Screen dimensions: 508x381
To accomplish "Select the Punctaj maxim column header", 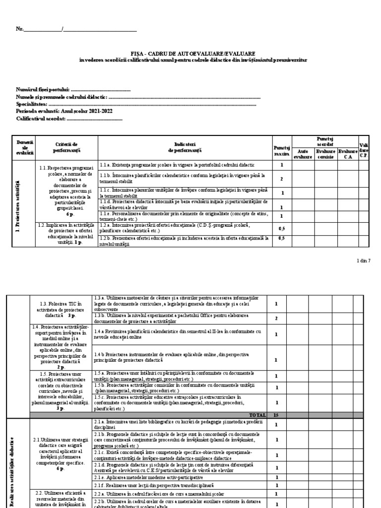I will [x=281, y=149].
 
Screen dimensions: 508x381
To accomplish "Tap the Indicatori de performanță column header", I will [x=185, y=146].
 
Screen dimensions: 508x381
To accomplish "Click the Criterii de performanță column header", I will [x=67, y=146].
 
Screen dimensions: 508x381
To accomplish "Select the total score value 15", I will [x=281, y=414].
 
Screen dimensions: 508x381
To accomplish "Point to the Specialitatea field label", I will [x=32, y=105].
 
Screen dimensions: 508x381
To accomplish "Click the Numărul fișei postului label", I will [x=43, y=90].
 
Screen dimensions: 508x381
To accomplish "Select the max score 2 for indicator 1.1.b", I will [x=281, y=179].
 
